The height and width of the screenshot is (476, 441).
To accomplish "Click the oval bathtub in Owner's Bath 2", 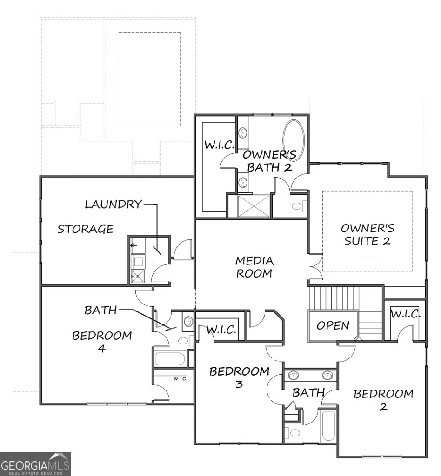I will [294, 140].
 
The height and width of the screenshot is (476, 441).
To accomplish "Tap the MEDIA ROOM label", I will [254, 267].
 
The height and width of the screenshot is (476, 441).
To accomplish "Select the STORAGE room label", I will [86, 229].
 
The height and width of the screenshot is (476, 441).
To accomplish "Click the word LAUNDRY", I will [113, 204].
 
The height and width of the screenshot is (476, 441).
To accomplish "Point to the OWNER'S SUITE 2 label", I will [367, 234].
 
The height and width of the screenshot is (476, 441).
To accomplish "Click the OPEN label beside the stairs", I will [333, 325].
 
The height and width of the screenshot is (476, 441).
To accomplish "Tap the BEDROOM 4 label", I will [102, 342].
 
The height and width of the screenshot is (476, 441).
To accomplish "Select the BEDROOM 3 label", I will [239, 377].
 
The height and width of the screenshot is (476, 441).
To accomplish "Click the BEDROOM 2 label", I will [383, 400].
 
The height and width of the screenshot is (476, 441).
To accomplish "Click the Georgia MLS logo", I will [35, 464].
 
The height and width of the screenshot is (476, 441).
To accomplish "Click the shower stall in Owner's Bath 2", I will [254, 205].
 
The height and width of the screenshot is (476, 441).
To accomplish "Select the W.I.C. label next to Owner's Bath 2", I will [219, 145].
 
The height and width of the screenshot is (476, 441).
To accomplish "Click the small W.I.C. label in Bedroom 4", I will [180, 379].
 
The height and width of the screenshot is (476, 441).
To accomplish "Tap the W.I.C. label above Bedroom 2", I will [405, 314].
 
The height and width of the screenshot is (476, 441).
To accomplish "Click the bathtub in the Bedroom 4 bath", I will [170, 358].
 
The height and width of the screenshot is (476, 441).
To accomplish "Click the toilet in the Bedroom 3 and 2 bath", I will [295, 433].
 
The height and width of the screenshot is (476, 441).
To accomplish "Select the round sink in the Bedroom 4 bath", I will [188, 321].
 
